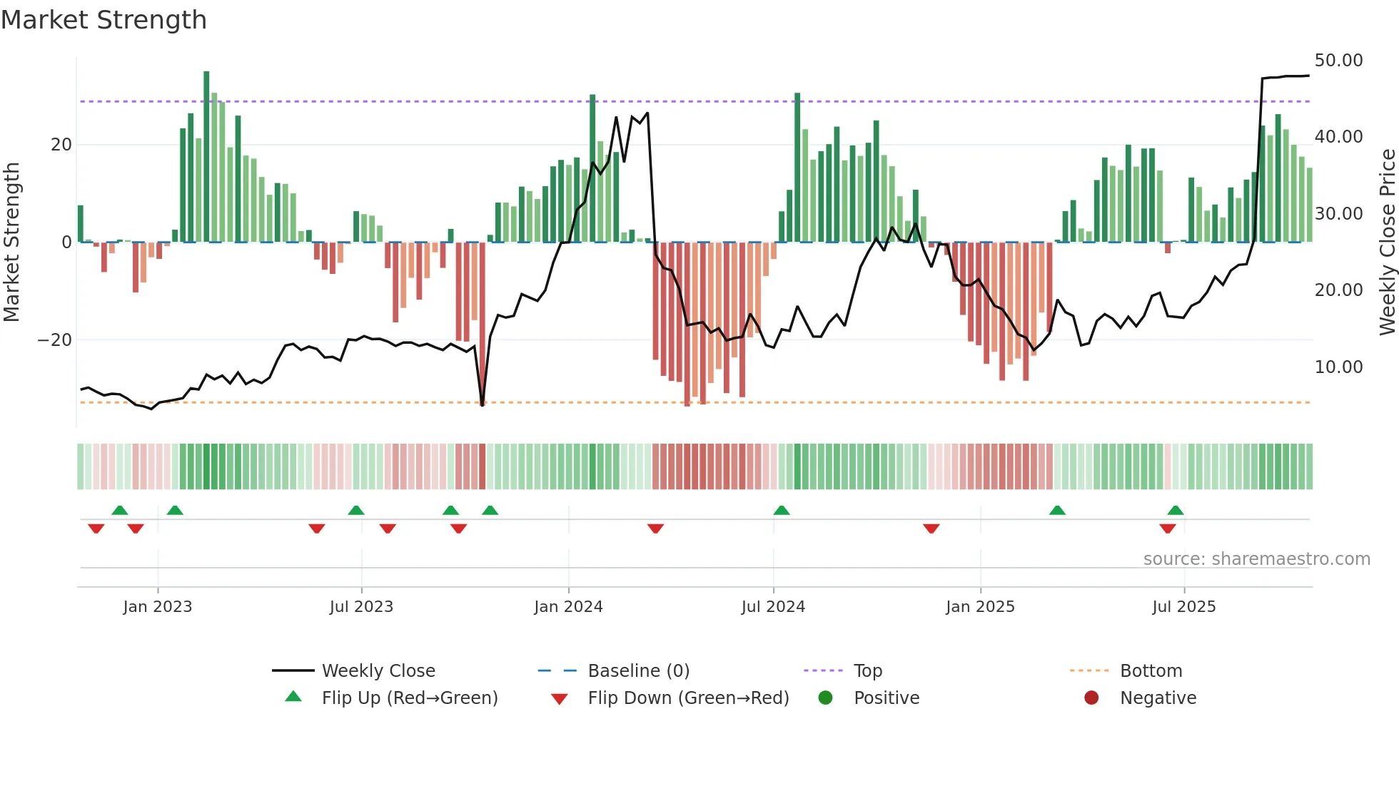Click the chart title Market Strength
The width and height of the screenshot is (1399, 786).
tap(103, 20)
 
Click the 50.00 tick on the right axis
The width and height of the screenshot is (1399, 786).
tap(1338, 61)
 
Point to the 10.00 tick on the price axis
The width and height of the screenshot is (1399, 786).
tap(1338, 367)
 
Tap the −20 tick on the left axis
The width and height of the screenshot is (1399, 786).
tap(55, 340)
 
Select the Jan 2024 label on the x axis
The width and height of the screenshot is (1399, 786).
tap(568, 607)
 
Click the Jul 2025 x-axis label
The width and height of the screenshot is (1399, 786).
tap(1183, 607)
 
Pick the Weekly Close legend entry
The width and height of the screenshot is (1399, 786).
tap(378, 671)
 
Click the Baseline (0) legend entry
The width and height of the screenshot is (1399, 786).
tap(638, 671)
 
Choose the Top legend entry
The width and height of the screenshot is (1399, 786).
tap(867, 671)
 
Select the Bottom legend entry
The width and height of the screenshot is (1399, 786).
tap(1151, 671)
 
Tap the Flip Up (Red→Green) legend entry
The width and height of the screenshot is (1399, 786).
tap(409, 698)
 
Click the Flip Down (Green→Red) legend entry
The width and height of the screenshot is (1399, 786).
tap(688, 698)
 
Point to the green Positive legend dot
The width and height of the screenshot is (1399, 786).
tap(826, 698)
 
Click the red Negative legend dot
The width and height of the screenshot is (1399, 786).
tap(1091, 698)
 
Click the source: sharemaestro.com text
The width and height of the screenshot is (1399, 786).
tap(1256, 559)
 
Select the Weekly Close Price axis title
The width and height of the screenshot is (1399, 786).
tap(1387, 243)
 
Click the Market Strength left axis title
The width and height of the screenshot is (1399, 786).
tap(12, 243)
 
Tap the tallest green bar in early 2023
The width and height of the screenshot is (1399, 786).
tap(206, 157)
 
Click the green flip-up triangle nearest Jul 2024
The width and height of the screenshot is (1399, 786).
tap(782, 510)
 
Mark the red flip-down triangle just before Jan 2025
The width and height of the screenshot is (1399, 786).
tap(931, 529)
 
